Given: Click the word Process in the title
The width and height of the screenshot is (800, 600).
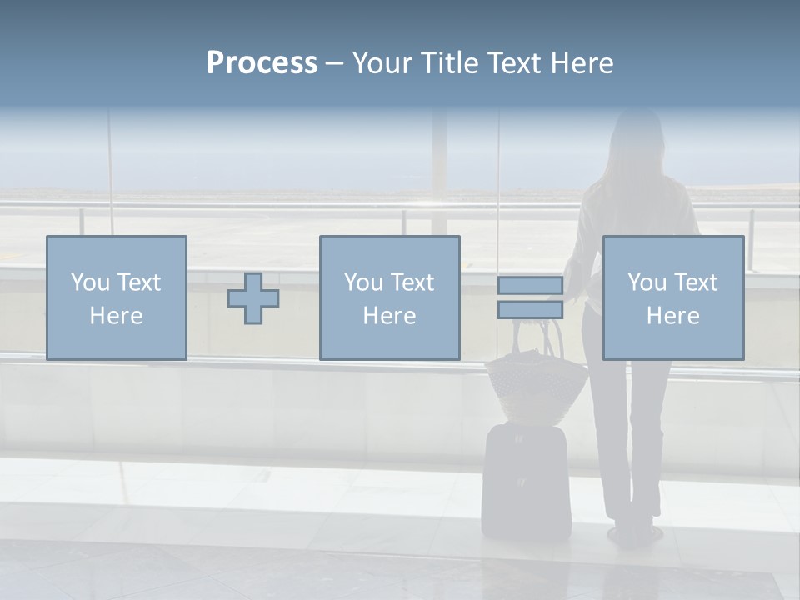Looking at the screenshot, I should [x=262, y=63].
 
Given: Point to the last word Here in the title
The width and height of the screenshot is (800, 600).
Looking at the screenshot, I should [x=581, y=63].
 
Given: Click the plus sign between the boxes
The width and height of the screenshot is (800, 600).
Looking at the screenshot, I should [x=253, y=298].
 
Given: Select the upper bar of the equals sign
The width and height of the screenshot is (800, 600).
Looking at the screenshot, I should [x=530, y=286].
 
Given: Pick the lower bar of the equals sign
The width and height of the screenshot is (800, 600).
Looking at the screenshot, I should [x=530, y=310].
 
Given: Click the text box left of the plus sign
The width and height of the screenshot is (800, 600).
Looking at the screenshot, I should [x=117, y=297].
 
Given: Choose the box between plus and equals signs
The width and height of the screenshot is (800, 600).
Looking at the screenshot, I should [x=389, y=297].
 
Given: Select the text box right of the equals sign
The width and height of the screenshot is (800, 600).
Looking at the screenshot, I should [x=672, y=297].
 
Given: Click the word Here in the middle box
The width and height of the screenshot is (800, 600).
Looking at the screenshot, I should [x=389, y=316].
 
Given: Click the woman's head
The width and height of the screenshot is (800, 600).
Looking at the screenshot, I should [x=633, y=137].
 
